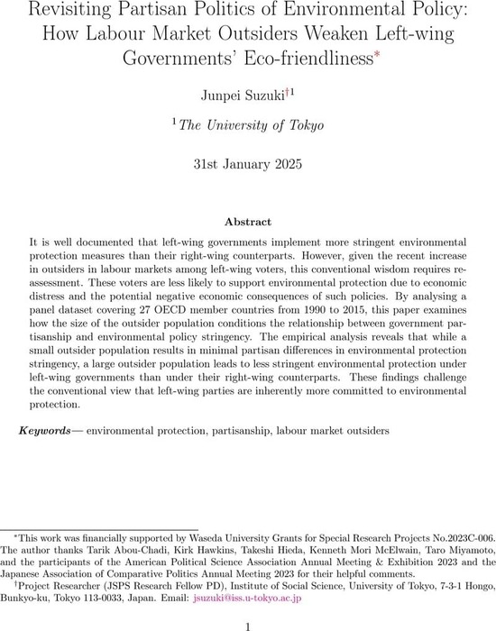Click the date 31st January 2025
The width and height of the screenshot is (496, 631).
click(247, 165)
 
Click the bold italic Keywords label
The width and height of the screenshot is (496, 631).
click(48, 431)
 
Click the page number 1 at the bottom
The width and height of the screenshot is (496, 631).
click(247, 622)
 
